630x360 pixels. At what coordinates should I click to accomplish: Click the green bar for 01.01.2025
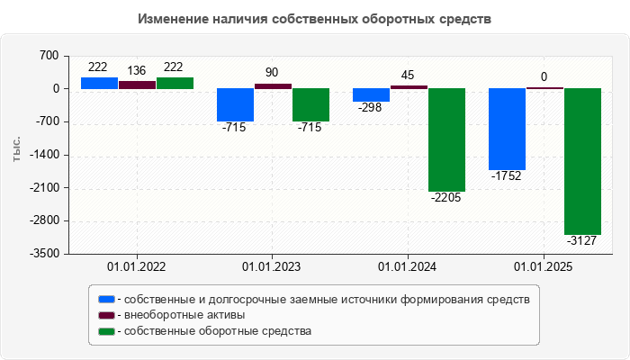[x=582, y=161]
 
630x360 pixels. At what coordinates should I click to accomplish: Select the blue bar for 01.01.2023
[x=235, y=104]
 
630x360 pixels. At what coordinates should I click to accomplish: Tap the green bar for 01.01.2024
[x=446, y=139]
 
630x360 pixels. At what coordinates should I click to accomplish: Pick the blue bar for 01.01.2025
[x=507, y=129]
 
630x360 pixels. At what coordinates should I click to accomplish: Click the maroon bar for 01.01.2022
[x=137, y=85]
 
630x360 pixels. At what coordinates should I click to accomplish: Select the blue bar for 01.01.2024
[x=371, y=94]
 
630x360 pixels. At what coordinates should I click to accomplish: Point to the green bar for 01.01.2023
[x=310, y=104]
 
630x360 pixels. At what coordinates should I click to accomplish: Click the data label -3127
[x=582, y=240]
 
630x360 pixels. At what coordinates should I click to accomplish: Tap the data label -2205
[x=446, y=197]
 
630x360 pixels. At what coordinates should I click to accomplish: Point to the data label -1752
[x=507, y=176]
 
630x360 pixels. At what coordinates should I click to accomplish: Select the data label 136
[x=137, y=71]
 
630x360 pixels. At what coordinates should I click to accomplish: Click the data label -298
[x=371, y=108]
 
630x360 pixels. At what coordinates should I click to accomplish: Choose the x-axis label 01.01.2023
[x=272, y=267]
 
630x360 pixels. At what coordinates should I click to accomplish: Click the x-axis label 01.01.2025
[x=544, y=267]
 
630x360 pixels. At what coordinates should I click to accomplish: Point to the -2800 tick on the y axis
[x=44, y=220]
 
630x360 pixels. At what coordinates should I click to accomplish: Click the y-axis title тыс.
[x=16, y=150]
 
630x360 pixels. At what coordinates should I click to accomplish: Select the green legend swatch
[x=107, y=331]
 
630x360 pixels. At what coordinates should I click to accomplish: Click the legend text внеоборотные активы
[x=185, y=315]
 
